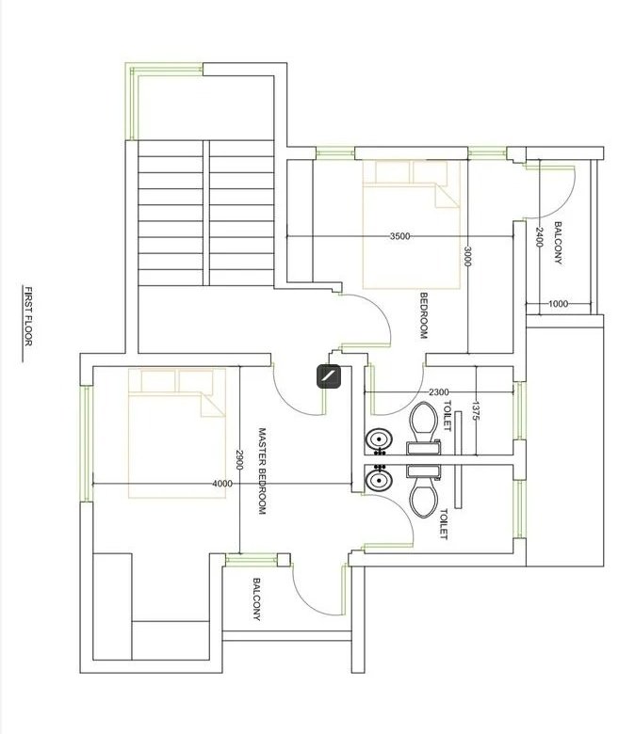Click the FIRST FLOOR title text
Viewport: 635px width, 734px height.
point(28,316)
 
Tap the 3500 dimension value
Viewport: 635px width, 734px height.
point(399,236)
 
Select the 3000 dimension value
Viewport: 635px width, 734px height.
point(466,257)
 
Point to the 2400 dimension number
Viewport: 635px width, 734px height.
point(539,237)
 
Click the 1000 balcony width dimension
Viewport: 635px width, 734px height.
point(558,304)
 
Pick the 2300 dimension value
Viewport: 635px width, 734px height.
point(439,392)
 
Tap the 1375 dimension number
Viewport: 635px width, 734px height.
point(476,410)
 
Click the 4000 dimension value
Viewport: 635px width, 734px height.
point(222,484)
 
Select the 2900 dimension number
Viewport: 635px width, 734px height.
point(239,460)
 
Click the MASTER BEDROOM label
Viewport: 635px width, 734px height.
point(263,471)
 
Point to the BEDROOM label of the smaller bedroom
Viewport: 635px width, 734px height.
point(424,315)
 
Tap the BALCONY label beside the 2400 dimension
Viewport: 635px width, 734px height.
point(558,243)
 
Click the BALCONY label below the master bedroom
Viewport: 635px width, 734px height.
point(256,599)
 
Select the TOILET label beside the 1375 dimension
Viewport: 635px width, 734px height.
point(447,416)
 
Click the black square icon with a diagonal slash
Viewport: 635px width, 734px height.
point(329,376)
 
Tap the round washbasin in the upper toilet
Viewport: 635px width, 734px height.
point(379,440)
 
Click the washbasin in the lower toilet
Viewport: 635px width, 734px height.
point(379,480)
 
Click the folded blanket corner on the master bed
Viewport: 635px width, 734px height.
point(213,405)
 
